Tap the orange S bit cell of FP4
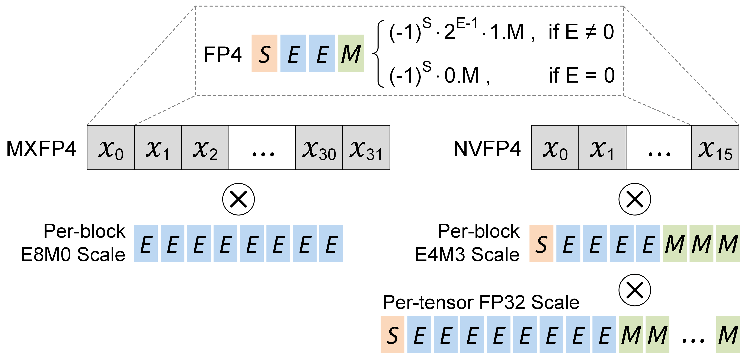tap(264, 54)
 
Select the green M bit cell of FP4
tap(351, 54)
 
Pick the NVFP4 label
tap(487, 149)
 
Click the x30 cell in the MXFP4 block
tap(319, 148)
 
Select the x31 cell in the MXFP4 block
tap(366, 148)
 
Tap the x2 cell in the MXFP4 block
tap(205, 148)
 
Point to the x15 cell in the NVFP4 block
tap(715, 148)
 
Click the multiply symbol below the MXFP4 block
tap(239, 199)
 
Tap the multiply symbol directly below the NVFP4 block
tap(634, 199)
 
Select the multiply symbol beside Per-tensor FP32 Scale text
tap(634, 290)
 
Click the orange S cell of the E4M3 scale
tap(541, 243)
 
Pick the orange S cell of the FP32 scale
tap(392, 334)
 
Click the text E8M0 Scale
tap(73, 254)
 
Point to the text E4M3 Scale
tap(467, 254)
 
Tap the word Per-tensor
tap(428, 302)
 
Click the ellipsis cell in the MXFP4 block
tap(262, 148)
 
